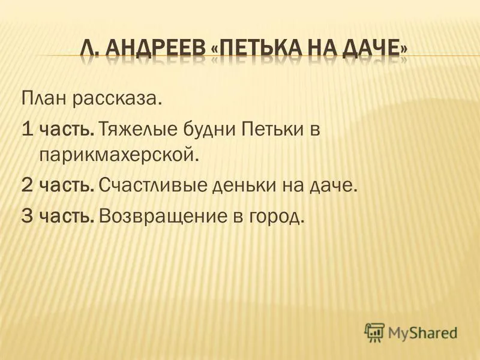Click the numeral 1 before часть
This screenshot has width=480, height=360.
pos(28,129)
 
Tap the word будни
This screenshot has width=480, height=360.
pos(209,130)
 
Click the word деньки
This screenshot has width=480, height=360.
pos(244,185)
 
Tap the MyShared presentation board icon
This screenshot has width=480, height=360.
pos(374,332)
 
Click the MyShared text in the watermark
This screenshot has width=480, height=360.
pos(422,333)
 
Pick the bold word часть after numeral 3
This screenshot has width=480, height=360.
pos(67,217)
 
